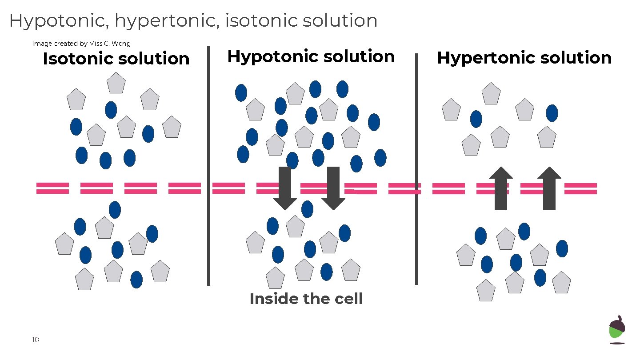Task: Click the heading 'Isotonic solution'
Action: coord(116,59)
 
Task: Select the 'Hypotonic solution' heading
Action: coord(311,56)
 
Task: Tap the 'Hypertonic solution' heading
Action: coord(524,58)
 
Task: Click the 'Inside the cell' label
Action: coord(306,299)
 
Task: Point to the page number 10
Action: coord(36,340)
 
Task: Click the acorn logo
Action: coord(616,330)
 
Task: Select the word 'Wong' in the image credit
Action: coord(121,44)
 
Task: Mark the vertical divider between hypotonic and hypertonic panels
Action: coord(416,169)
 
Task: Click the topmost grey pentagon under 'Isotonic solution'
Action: coord(116,84)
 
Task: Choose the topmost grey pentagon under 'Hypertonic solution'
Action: coord(491,94)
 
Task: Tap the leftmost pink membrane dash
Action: coord(52,188)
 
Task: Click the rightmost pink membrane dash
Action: coord(580,188)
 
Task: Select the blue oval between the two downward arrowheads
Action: coord(307,209)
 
